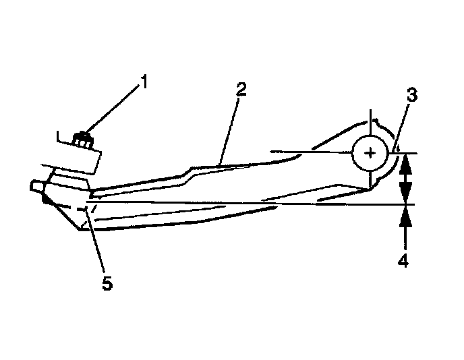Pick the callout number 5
pos(107,283)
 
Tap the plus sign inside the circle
pos(370,153)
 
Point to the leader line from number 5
pos(98,243)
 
